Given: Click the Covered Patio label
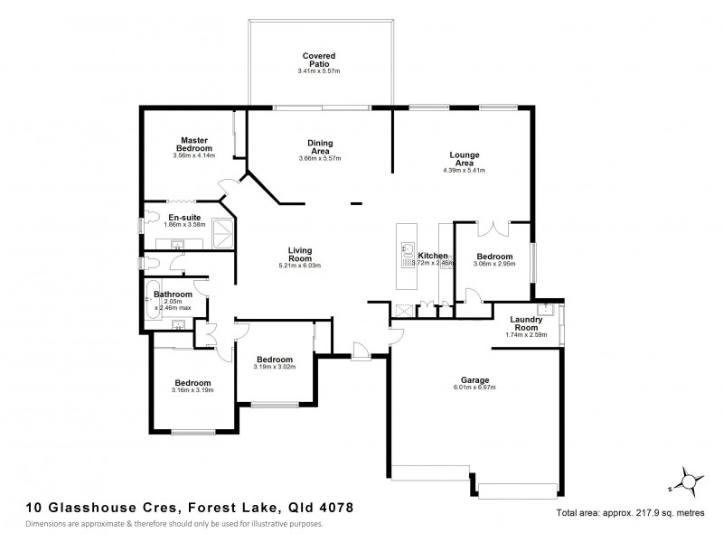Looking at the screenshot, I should tap(320, 60).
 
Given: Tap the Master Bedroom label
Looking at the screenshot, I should tap(194, 145).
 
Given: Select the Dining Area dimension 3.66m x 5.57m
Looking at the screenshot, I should tap(320, 158).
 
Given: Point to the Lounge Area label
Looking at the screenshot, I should tap(465, 159).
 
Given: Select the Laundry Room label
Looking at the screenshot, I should tap(526, 322).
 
